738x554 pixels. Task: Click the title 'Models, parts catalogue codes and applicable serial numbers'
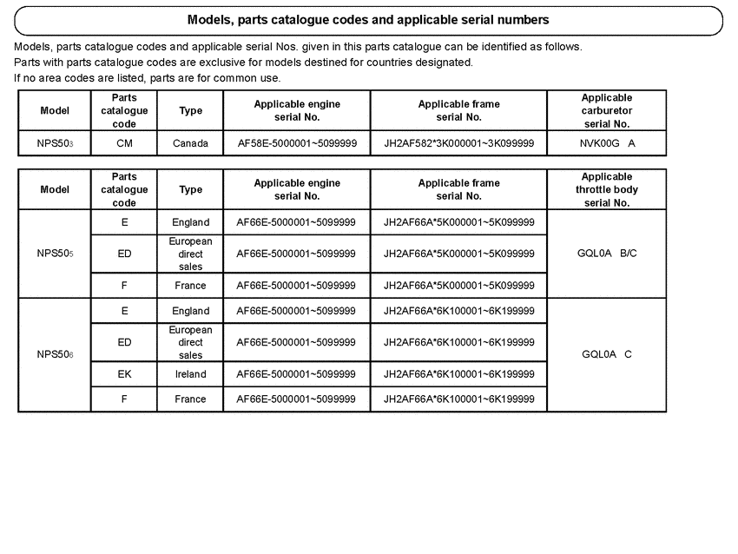pyautogui.click(x=368, y=19)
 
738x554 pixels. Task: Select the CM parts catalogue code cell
pyautogui.click(x=124, y=143)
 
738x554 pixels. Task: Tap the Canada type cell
pyautogui.click(x=190, y=143)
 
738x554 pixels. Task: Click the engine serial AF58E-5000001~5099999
pyautogui.click(x=296, y=143)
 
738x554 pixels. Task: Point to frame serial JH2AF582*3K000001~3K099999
pyautogui.click(x=458, y=143)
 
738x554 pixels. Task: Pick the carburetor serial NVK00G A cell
pyautogui.click(x=607, y=143)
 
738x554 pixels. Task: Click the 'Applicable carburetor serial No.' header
pyautogui.click(x=607, y=111)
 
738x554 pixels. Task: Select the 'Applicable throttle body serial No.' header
pyautogui.click(x=607, y=190)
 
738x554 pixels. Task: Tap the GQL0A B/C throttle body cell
pyautogui.click(x=607, y=254)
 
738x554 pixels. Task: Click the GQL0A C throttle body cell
pyautogui.click(x=607, y=354)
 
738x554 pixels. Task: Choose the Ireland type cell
pyautogui.click(x=190, y=374)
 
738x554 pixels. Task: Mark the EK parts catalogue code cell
pyautogui.click(x=124, y=374)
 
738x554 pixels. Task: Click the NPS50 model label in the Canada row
pyautogui.click(x=55, y=143)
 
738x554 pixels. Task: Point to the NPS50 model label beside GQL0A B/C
pyautogui.click(x=55, y=254)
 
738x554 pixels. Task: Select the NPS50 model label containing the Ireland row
pyautogui.click(x=55, y=354)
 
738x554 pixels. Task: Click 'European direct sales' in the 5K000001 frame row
pyautogui.click(x=190, y=254)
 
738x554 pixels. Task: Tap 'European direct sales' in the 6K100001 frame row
pyautogui.click(x=190, y=342)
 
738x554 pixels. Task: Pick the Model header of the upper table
pyautogui.click(x=55, y=111)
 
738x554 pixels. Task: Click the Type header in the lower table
pyautogui.click(x=190, y=190)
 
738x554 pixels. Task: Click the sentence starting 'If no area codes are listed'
pyautogui.click(x=148, y=78)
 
